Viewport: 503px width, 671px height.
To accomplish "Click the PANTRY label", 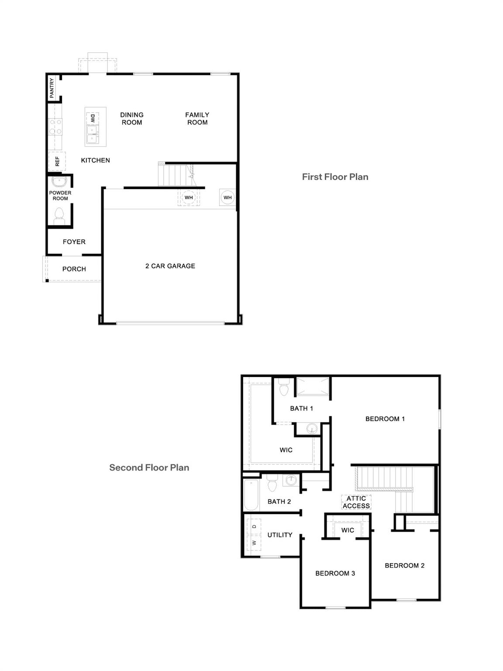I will (52, 88).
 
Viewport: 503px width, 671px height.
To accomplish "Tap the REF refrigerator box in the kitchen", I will (57, 161).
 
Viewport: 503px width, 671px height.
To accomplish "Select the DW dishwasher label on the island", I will (93, 118).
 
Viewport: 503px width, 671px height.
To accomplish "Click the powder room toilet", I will (59, 215).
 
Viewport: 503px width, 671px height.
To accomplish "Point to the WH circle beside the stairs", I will (189, 197).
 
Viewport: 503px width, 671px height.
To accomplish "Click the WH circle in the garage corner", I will (227, 197).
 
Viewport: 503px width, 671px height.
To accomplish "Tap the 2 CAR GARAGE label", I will (170, 266).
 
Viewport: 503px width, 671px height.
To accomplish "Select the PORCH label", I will (74, 269).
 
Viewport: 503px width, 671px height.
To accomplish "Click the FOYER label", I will (74, 242).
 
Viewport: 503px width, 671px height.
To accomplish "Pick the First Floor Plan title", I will (335, 177).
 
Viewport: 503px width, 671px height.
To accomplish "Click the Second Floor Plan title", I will (149, 467).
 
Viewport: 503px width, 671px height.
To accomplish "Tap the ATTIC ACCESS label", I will (356, 502).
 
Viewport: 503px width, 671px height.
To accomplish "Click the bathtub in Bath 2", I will (251, 495).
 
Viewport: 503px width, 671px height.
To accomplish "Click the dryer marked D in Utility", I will (254, 527).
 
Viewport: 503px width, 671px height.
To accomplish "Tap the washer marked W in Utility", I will (254, 543).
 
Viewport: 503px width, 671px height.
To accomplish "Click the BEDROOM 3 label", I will (335, 573).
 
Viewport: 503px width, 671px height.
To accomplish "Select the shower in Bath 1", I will (313, 387).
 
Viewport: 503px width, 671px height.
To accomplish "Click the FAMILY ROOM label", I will (197, 118).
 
